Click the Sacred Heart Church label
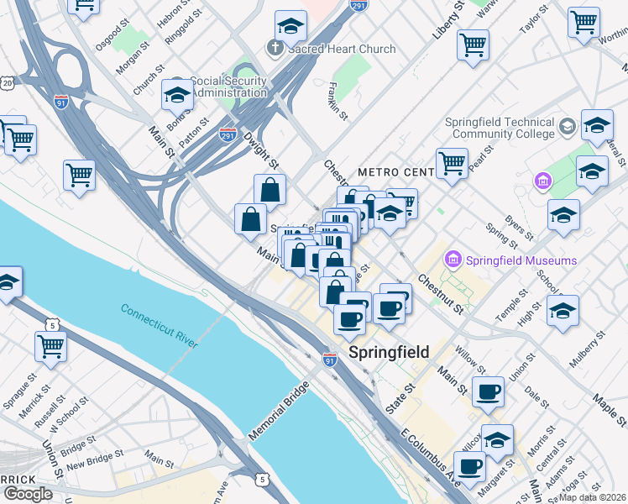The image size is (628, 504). [x=341, y=49]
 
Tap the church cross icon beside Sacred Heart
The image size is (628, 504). [x=275, y=48]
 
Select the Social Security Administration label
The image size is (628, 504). [x=228, y=87]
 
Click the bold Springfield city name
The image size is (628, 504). [x=389, y=352]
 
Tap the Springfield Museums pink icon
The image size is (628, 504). [x=454, y=260]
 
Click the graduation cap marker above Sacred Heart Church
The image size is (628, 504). [x=290, y=27]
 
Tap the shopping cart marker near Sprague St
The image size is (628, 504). [x=50, y=347]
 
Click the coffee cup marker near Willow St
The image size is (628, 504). [x=488, y=391]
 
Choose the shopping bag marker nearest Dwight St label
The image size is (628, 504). [x=270, y=189]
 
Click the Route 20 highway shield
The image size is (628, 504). [x=8, y=83]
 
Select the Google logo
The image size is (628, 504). [x=28, y=494]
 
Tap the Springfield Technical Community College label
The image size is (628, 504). [x=501, y=127]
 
